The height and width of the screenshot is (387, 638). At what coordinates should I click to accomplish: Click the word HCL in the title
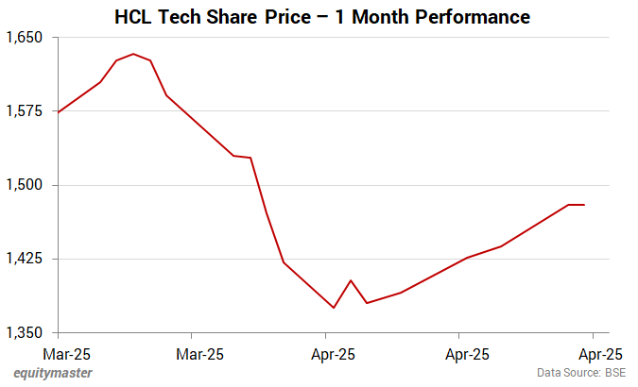[x=133, y=17]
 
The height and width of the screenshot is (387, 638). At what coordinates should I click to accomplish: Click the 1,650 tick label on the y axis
[x=26, y=38]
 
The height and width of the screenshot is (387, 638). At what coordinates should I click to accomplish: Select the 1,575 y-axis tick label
[x=26, y=111]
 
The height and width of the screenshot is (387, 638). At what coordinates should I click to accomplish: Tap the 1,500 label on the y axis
[x=26, y=185]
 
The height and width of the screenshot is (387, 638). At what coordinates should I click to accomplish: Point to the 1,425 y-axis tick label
[x=26, y=259]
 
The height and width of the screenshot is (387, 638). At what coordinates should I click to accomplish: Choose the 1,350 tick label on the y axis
[x=26, y=332]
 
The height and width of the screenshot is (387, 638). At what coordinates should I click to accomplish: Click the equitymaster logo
[x=53, y=373]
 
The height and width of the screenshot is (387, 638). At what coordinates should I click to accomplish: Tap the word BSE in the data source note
[x=614, y=373]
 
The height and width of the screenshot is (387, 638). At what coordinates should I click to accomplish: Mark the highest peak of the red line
[x=132, y=54]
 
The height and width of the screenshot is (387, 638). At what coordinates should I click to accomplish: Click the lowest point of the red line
[x=334, y=308]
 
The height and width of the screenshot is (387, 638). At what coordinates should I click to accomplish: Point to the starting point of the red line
[x=59, y=112]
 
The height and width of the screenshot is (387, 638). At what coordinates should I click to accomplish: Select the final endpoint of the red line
[x=584, y=205]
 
